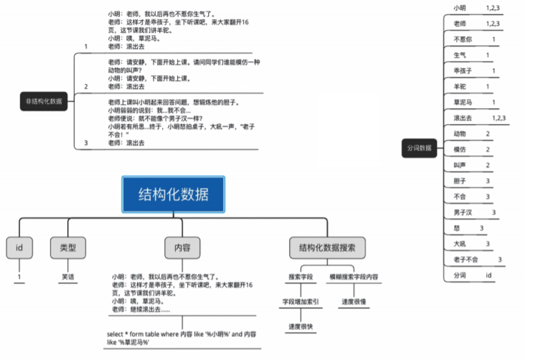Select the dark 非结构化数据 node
pos(44,101)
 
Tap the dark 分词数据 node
pos(419,148)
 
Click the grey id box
pos(19,247)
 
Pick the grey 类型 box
pos(67,247)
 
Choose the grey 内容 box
pos(182,247)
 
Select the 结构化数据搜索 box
pos(327,247)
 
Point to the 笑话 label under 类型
pos(67,275)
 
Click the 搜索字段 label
pos(301,276)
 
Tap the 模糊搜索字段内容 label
pos(354,276)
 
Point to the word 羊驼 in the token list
pos(461,87)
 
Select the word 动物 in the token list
pos(460,133)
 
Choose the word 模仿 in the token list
pos(460,149)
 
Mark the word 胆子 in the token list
pos(460,181)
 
